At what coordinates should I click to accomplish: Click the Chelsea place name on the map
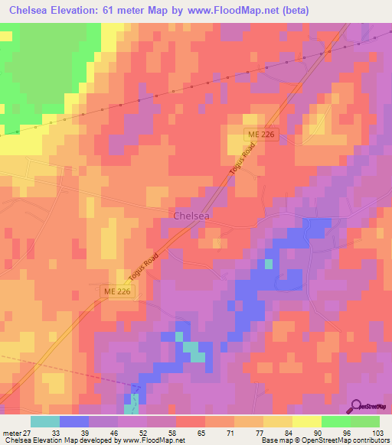pos(191,216)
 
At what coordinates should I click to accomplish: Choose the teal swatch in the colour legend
pos(45,421)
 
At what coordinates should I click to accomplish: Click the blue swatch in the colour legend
pos(74,421)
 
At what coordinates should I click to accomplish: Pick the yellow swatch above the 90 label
pos(307,421)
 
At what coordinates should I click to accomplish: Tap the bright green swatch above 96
pos(336,421)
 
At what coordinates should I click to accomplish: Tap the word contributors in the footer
pos(369,440)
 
